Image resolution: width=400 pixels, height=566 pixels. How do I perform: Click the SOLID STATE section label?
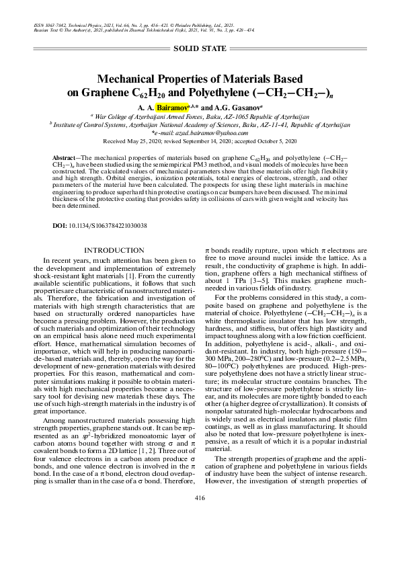click(x=199, y=49)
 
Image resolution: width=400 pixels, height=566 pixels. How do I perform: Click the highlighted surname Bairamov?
click(x=173, y=107)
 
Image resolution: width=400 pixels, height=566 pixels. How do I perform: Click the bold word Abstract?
click(x=64, y=156)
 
